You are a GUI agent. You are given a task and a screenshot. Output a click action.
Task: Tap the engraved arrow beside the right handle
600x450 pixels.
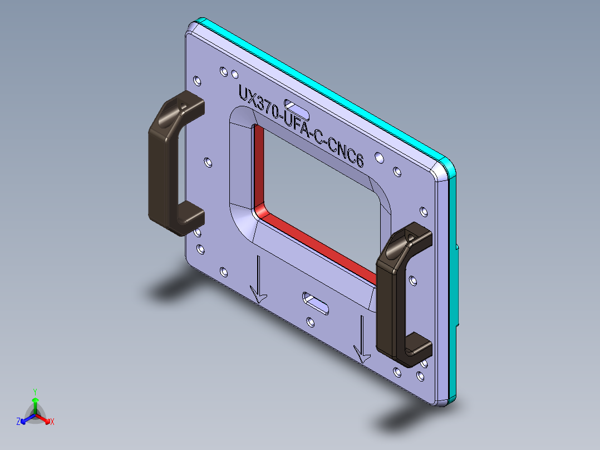pyautogui.click(x=362, y=340)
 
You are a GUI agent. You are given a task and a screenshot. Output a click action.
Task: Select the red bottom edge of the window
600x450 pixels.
pyautogui.click(x=317, y=245)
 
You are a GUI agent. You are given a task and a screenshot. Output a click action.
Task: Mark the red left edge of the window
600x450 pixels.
pyautogui.click(x=258, y=167)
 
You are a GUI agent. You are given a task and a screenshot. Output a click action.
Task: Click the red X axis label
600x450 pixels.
pyautogui.click(x=52, y=422)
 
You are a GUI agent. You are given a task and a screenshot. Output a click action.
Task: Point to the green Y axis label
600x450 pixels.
pyautogui.click(x=35, y=392)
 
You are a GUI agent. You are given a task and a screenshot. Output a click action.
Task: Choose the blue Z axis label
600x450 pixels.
pyautogui.click(x=18, y=422)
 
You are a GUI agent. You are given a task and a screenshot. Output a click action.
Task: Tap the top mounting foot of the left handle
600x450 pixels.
pyautogui.click(x=186, y=106)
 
